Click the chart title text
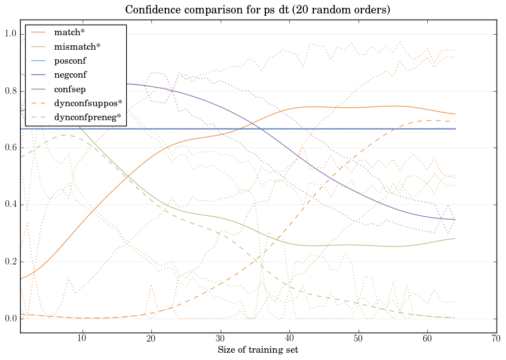pos(257,10)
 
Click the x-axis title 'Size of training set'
pos(257,350)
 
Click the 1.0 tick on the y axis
pos(11,34)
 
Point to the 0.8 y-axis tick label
pos(11,91)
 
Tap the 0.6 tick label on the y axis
pos(11,148)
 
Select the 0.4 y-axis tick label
pos(11,205)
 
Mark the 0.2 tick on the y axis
pos(11,262)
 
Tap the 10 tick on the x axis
pos(82,339)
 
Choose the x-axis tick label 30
pos(221,339)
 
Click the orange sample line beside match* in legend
pos(39,32)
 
